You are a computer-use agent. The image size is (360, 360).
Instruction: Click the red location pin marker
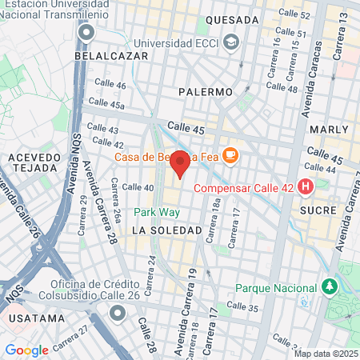(x=180, y=162)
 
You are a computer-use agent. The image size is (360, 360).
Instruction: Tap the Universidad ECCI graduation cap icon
(x=232, y=42)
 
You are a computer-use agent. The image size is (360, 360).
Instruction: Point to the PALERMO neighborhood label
(x=206, y=92)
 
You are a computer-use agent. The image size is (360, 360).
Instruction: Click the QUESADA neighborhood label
(x=232, y=20)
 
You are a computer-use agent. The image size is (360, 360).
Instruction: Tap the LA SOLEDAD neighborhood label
(x=166, y=230)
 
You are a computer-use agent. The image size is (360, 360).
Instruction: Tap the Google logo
(x=26, y=350)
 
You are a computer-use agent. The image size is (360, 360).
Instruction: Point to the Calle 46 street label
(x=110, y=85)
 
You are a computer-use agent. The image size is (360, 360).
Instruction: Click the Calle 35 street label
(x=242, y=306)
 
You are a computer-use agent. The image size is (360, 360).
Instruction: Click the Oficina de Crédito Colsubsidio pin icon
(x=118, y=312)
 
